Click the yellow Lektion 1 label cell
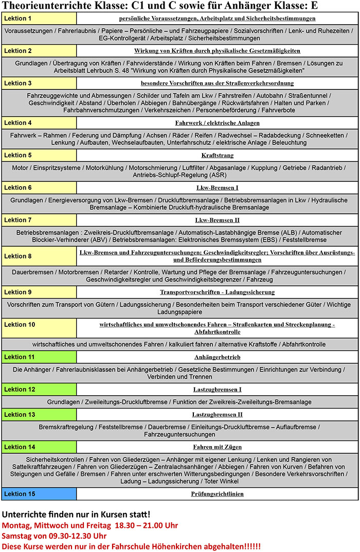pos(39,19)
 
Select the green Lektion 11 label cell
pos(39,357)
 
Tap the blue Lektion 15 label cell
pos(39,494)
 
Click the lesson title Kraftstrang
pos(218,155)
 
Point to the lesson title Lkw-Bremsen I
pos(218,188)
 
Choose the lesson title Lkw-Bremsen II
pos(218,220)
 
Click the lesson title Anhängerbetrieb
pos(218,357)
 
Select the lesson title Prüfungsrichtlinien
pos(218,494)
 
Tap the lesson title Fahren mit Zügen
pos(218,447)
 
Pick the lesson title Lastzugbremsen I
pos(218,389)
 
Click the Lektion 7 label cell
pos(39,220)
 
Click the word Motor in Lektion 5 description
pos(21,168)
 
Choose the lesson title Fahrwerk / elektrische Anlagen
pos(218,123)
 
